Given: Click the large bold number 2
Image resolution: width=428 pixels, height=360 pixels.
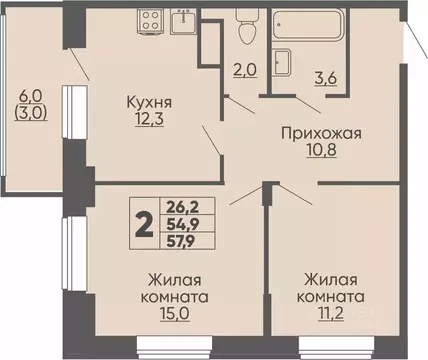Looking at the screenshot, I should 144,227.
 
